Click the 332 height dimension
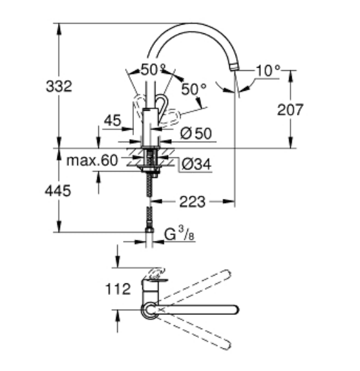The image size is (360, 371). coord(59,86)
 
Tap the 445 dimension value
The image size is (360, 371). coord(58,191)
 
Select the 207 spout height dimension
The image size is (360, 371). coord(290,109)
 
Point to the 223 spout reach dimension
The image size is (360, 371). coord(193,202)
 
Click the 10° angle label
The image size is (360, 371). coord(268,70)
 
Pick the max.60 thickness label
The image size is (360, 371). coord(92,160)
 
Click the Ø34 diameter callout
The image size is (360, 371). coord(196,164)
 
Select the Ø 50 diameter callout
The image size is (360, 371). coord(196,133)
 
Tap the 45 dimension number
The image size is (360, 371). coord(113,120)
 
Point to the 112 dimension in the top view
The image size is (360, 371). coord(118,289)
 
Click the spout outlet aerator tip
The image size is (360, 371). coord(234,66)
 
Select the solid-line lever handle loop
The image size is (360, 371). coord(162,104)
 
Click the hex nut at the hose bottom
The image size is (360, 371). coord(149,230)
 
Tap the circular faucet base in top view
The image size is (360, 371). coord(149,310)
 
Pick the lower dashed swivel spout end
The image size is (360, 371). coord(226,345)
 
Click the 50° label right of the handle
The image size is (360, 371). coord(194,89)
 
